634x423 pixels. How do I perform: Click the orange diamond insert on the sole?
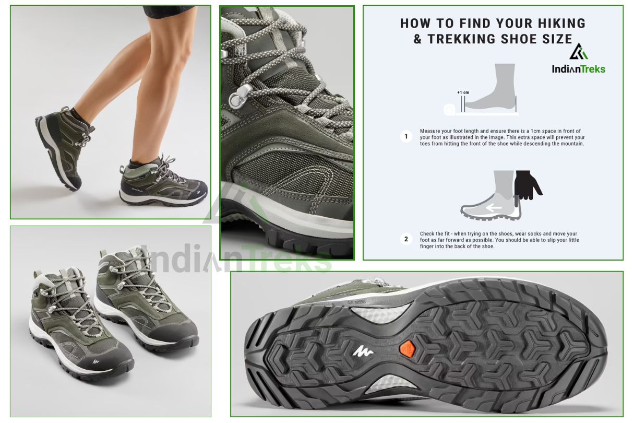pyautogui.click(x=407, y=349)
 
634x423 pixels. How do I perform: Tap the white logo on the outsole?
pyautogui.click(x=363, y=351)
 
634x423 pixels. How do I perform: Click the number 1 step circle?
pyautogui.click(x=406, y=137)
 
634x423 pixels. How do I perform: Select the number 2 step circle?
pyautogui.click(x=406, y=239)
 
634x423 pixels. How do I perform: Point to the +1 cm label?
pyautogui.click(x=463, y=92)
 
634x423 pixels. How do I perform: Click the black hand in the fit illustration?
pyautogui.click(x=527, y=185)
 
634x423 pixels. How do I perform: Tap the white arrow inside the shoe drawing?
pyautogui.click(x=494, y=208)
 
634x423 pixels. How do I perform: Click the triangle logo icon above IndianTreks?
pyautogui.click(x=578, y=51)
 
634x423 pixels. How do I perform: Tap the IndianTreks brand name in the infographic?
pyautogui.click(x=579, y=69)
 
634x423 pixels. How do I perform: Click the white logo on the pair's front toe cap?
pyautogui.click(x=96, y=361)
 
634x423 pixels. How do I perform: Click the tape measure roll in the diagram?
pyautogui.click(x=449, y=109)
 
